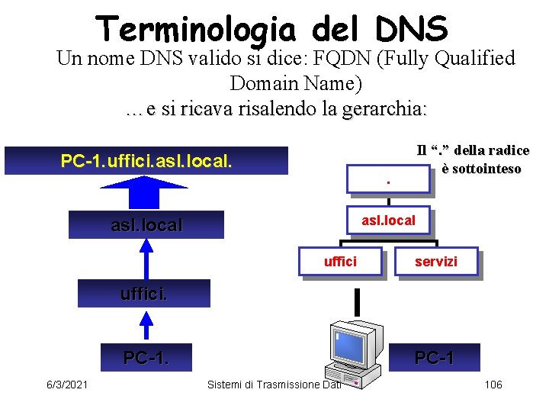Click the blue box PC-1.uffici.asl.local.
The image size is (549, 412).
[x=146, y=161]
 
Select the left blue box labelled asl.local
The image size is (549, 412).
[x=146, y=225]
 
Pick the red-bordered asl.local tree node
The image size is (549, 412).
[x=388, y=220]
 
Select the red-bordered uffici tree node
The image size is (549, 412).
[x=340, y=262]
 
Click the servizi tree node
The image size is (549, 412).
[x=437, y=262]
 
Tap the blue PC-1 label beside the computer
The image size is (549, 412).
[x=434, y=357]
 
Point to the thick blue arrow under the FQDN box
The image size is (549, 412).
[x=146, y=192]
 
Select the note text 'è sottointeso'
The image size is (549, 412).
[x=480, y=169]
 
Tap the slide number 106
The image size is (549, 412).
[x=493, y=384]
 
